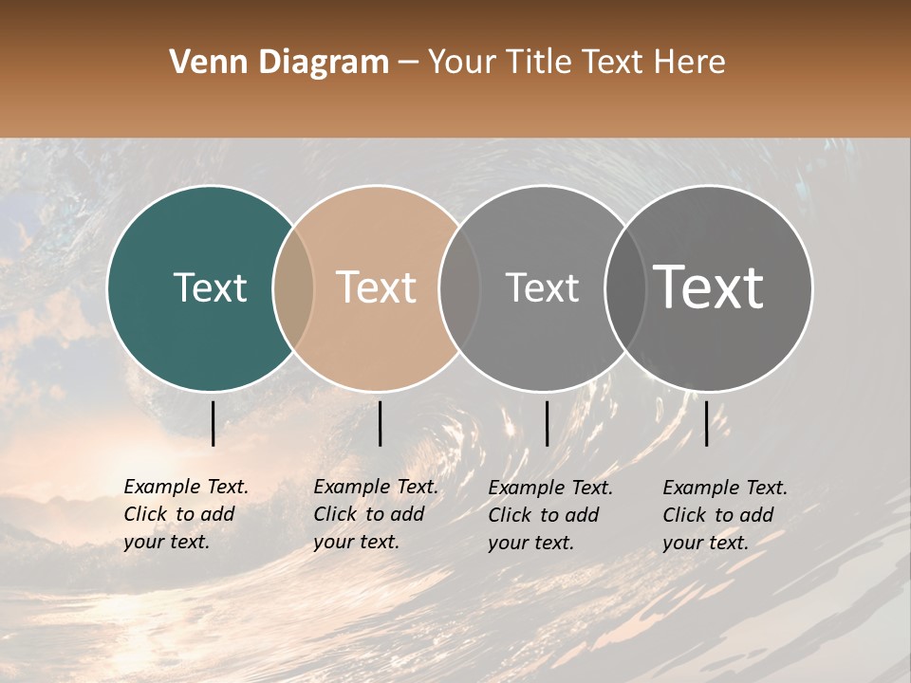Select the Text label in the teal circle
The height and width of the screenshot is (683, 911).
pyautogui.click(x=211, y=287)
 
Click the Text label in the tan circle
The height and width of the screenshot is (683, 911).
pyautogui.click(x=377, y=287)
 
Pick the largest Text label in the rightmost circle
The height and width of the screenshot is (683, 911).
pyautogui.click(x=709, y=286)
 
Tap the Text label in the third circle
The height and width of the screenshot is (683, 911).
pyautogui.click(x=543, y=287)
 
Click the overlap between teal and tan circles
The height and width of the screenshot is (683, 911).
pyautogui.click(x=293, y=287)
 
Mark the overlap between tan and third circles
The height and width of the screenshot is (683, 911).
pyautogui.click(x=459, y=287)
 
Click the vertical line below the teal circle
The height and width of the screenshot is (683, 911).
pyautogui.click(x=213, y=423)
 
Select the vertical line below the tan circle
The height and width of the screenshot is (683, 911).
pyautogui.click(x=380, y=423)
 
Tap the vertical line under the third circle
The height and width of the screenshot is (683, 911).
pyautogui.click(x=547, y=423)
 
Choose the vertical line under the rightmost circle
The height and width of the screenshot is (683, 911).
pyautogui.click(x=706, y=423)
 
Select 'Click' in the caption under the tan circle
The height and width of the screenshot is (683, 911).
pyautogui.click(x=336, y=514)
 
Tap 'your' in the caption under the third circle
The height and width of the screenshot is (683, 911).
pyautogui.click(x=510, y=543)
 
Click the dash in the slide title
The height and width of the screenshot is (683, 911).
pyautogui.click(x=409, y=63)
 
